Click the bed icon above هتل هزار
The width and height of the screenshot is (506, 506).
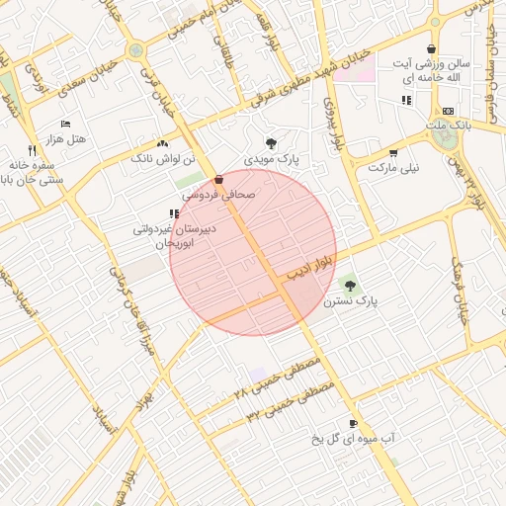(x=66, y=124)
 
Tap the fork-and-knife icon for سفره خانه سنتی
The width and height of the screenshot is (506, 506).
(x=32, y=150)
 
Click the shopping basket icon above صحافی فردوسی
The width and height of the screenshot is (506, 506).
(x=218, y=180)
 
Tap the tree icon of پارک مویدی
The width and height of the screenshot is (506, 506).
(x=272, y=143)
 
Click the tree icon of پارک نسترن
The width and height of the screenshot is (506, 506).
(x=348, y=285)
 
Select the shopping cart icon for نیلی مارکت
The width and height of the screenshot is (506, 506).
(x=393, y=152)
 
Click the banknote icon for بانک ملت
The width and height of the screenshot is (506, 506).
(x=448, y=111)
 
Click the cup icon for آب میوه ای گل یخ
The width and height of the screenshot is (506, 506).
(x=353, y=422)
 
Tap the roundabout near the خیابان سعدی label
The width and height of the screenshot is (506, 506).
(x=134, y=49)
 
